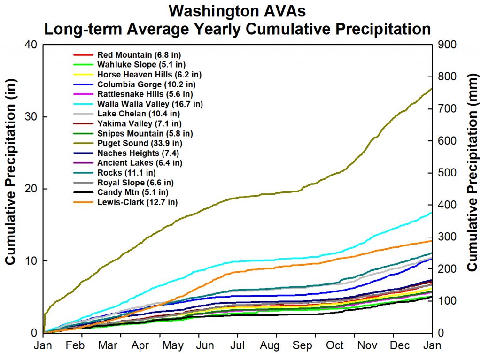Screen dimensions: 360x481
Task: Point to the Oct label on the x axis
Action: coord(335,345)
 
